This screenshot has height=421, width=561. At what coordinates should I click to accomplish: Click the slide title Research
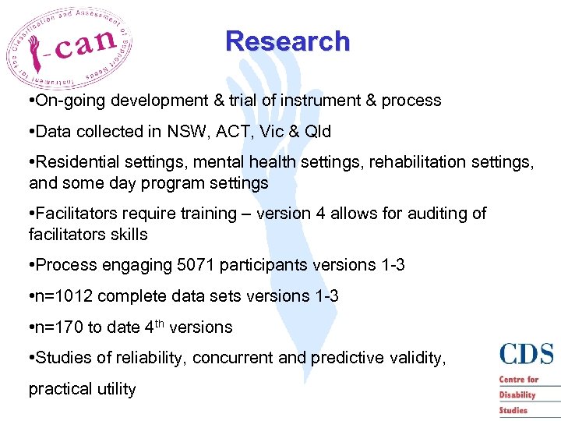(288, 41)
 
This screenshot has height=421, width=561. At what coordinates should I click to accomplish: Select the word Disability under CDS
(517, 394)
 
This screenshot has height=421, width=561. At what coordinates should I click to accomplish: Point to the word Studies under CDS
(513, 410)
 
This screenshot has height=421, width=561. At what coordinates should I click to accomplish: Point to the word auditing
(439, 214)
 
